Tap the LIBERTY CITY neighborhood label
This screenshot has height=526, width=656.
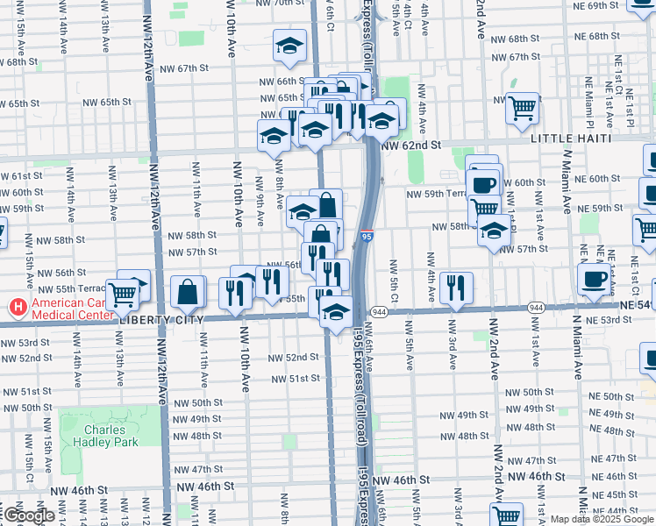161,320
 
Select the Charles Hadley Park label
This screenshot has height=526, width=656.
111,437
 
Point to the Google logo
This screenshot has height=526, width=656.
28,515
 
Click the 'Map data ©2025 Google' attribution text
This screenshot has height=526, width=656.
601,519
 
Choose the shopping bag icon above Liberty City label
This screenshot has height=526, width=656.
188,292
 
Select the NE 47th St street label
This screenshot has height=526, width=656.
612,458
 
